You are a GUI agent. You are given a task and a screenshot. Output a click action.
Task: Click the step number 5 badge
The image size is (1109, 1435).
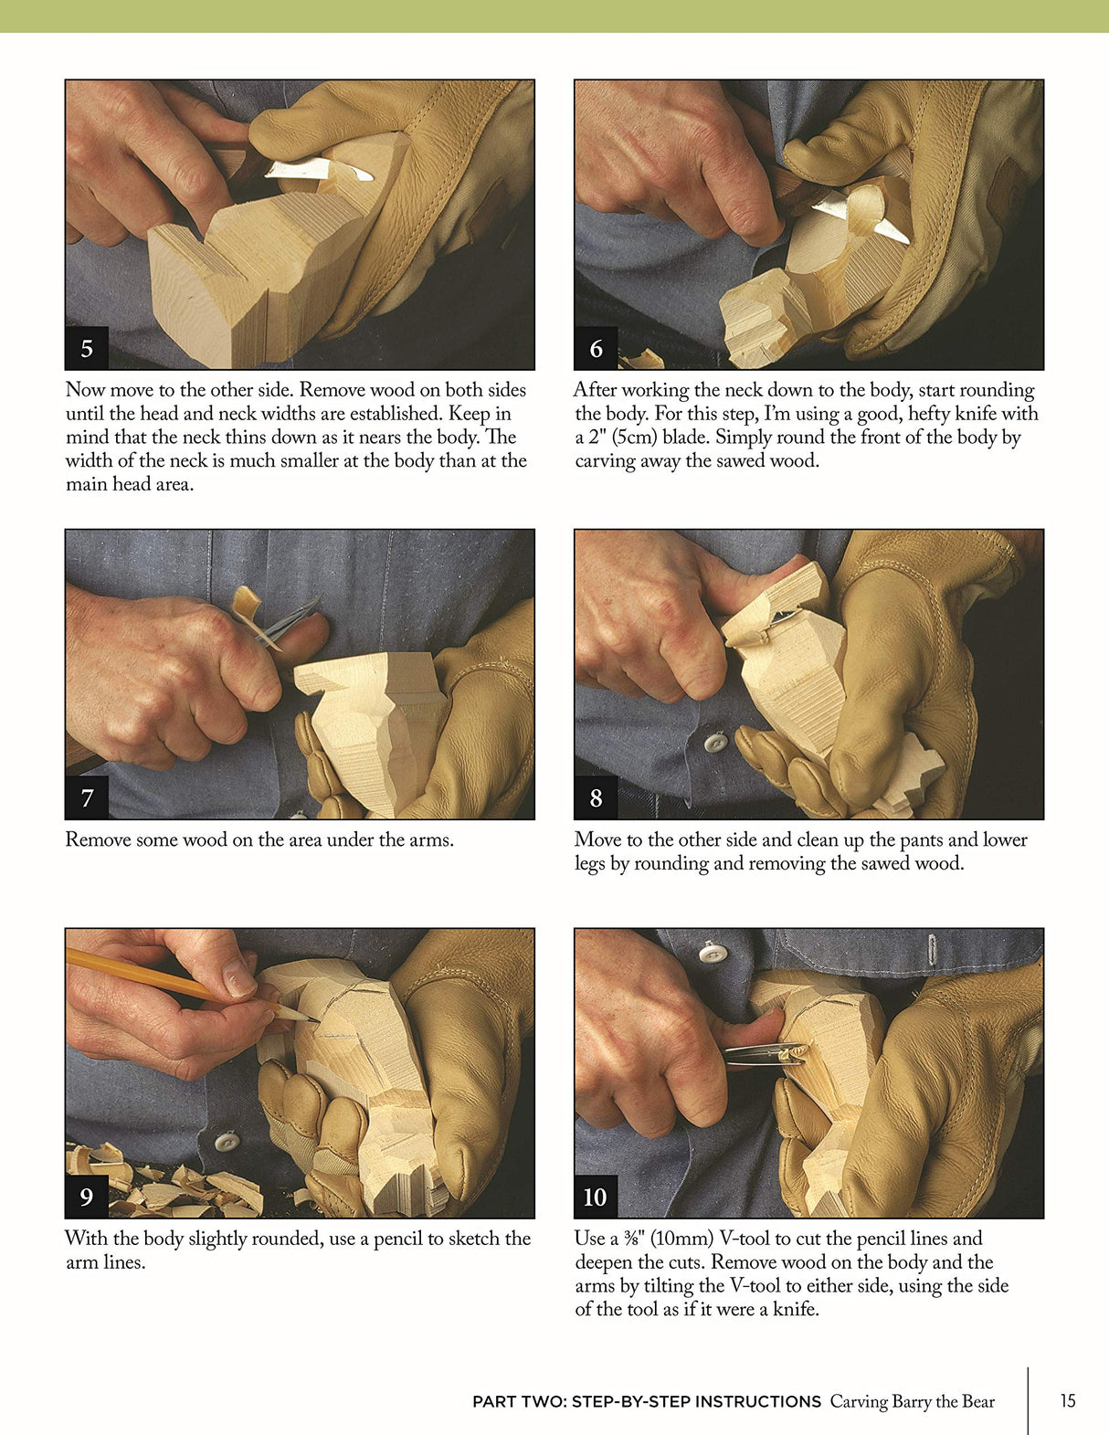click(87, 348)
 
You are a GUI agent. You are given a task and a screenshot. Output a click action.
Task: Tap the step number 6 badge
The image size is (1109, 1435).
click(596, 348)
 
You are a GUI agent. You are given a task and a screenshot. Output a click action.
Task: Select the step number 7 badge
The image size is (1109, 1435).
click(87, 797)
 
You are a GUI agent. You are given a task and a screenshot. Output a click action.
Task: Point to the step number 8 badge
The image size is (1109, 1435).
click(596, 797)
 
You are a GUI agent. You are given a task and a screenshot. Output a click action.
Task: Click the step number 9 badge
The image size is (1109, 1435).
click(87, 1197)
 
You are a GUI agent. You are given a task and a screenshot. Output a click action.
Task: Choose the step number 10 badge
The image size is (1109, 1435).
click(595, 1197)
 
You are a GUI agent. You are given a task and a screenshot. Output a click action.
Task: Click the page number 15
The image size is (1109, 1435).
click(1068, 1400)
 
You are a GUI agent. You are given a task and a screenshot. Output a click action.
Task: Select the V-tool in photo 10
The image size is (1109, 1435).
click(763, 1055)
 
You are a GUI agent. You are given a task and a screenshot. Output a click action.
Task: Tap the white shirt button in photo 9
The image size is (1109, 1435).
click(226, 1141)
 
